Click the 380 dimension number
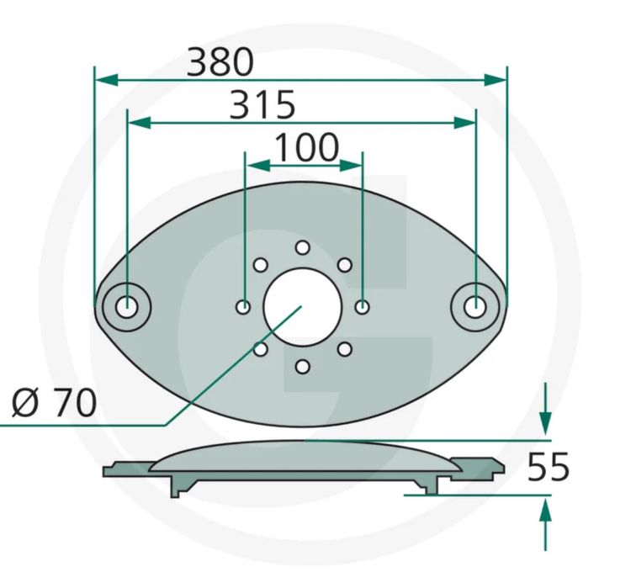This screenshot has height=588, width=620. [220, 61]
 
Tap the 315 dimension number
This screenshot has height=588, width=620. [262, 105]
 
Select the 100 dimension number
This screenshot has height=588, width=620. [306, 147]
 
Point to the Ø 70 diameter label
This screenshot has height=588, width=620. [54, 402]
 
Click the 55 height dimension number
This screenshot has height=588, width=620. [548, 467]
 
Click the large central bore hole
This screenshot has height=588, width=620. [303, 307]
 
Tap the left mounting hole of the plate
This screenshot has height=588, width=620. [126, 307]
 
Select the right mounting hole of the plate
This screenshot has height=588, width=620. [475, 307]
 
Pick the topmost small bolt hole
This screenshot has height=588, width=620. [303, 247]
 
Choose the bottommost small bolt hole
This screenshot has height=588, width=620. [303, 367]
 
